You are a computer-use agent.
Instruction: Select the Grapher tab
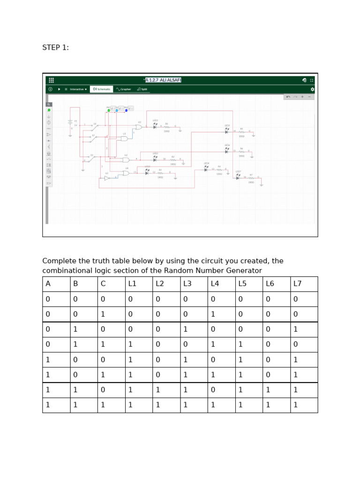click(124, 89)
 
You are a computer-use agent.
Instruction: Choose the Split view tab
click(142, 89)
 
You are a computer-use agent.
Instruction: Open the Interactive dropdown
click(78, 89)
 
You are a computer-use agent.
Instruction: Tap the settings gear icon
click(313, 89)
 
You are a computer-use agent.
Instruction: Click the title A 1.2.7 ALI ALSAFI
click(163, 80)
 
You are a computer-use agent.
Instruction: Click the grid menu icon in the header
click(51, 80)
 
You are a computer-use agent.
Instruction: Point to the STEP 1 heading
click(55, 47)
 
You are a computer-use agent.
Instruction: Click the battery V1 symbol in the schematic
click(70, 123)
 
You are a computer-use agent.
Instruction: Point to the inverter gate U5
click(107, 178)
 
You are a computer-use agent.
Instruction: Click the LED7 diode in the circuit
click(238, 178)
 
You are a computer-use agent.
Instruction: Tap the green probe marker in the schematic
click(109, 110)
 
